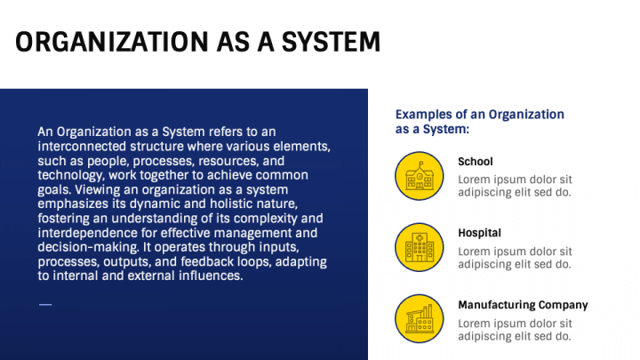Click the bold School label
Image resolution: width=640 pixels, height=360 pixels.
pyautogui.click(x=476, y=162)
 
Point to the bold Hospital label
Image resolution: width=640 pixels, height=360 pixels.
pyautogui.click(x=480, y=233)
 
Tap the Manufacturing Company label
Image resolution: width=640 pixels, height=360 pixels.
pyautogui.click(x=523, y=305)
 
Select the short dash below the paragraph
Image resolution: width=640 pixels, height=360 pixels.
pyautogui.click(x=45, y=305)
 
